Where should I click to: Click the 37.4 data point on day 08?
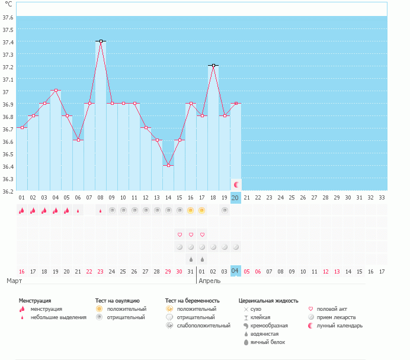click(x=101, y=41)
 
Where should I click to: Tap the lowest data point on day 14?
click(x=168, y=165)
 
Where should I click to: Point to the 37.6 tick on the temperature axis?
click(x=8, y=17)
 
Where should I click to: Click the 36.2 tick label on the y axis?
click(x=8, y=191)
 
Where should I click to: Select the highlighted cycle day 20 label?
click(x=236, y=197)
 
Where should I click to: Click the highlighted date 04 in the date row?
click(x=236, y=271)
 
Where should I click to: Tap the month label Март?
click(x=14, y=281)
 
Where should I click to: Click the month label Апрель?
click(x=210, y=281)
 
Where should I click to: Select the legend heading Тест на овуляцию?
click(x=117, y=301)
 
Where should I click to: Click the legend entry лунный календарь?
click(x=339, y=326)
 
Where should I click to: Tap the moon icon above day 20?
click(x=236, y=185)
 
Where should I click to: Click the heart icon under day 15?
click(x=180, y=234)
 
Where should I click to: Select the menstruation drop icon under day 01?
click(x=21, y=210)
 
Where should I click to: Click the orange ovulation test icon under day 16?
click(x=191, y=210)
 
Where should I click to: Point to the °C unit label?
click(x=8, y=4)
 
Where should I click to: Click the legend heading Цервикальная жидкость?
click(x=268, y=301)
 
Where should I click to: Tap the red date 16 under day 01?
click(x=21, y=271)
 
